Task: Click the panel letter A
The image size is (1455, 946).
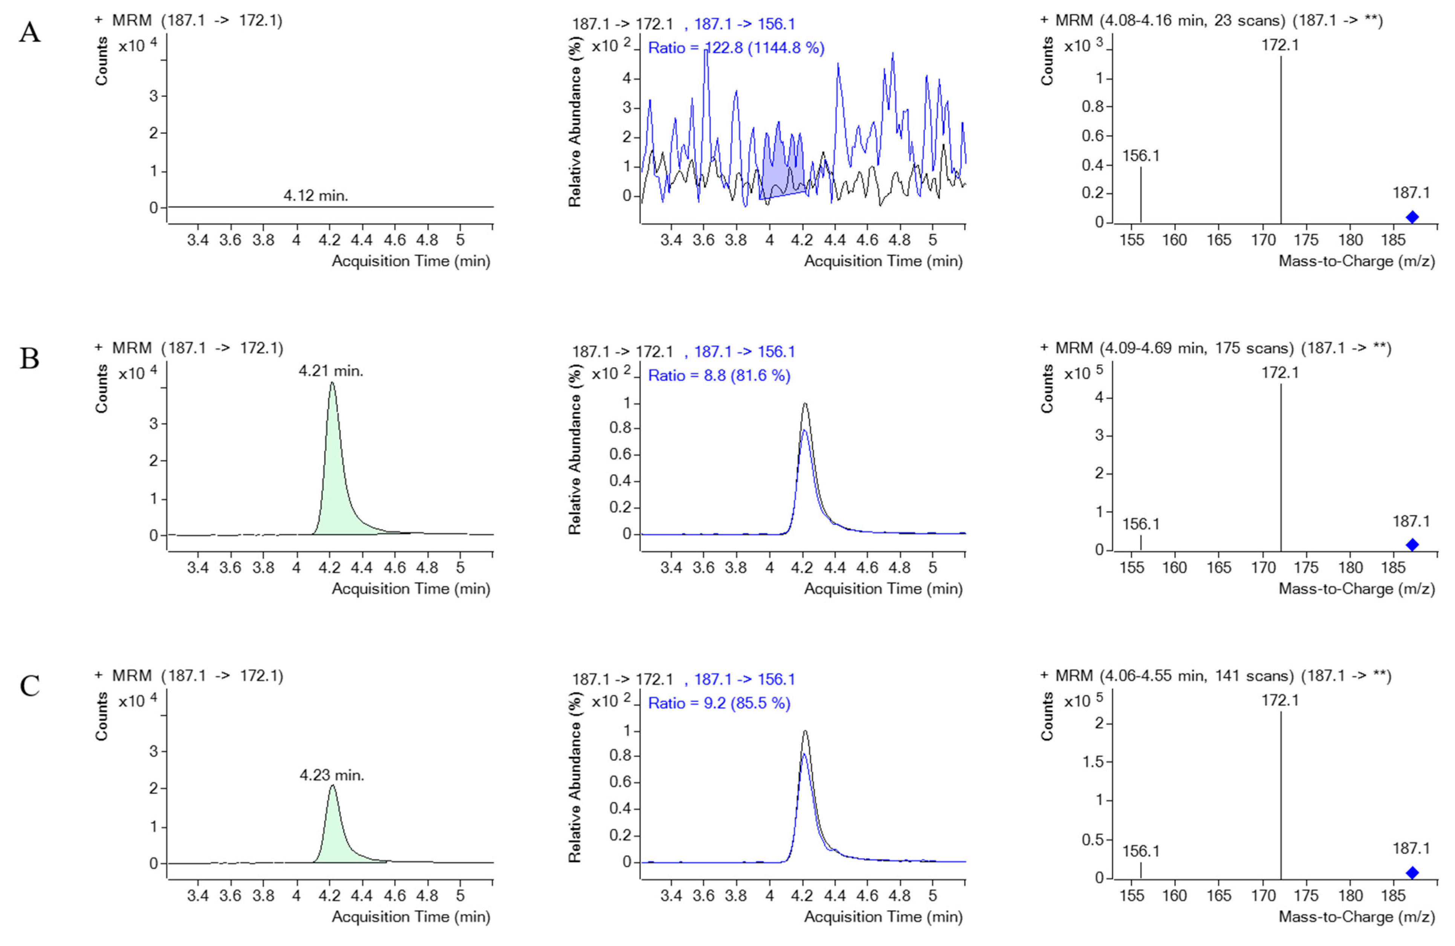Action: (x=29, y=31)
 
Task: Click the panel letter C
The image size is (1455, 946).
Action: (x=29, y=686)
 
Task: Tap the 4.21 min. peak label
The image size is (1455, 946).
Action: (x=331, y=371)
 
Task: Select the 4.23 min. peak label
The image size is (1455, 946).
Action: (x=331, y=775)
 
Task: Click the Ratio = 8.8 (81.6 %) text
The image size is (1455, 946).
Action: (x=719, y=376)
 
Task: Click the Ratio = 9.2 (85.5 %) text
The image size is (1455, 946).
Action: (x=719, y=703)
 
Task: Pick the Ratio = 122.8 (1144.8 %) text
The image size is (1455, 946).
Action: (x=736, y=48)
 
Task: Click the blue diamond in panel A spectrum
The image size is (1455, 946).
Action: (x=1412, y=217)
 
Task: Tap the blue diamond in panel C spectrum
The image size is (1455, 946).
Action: (x=1412, y=873)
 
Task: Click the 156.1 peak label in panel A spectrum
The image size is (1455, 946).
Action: (x=1141, y=156)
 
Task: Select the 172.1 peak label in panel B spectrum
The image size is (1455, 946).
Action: (x=1280, y=372)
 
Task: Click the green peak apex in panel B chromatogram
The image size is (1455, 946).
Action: (x=332, y=384)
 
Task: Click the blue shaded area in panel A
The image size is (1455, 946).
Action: (x=783, y=174)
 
